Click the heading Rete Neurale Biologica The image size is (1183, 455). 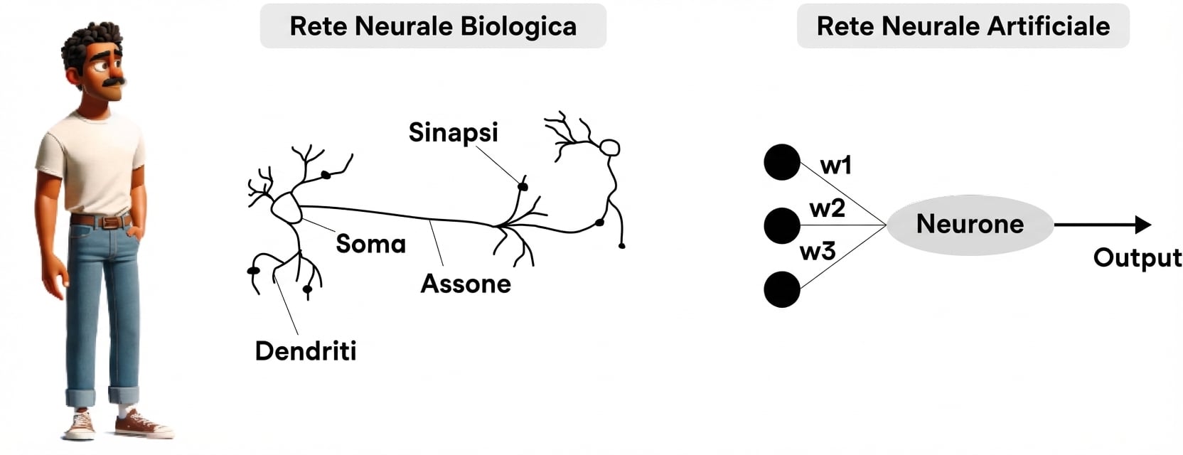(432, 26)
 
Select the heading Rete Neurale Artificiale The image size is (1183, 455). (963, 26)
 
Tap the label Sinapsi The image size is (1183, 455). (453, 132)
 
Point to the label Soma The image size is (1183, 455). (370, 244)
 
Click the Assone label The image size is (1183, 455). (466, 284)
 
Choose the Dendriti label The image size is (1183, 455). (306, 350)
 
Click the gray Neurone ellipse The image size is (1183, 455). (970, 225)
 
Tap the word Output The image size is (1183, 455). (1137, 257)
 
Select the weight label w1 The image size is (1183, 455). (835, 166)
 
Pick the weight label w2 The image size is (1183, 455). (827, 208)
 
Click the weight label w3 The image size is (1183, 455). (818, 251)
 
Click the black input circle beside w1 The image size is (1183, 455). (782, 162)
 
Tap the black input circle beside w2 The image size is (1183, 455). (782, 225)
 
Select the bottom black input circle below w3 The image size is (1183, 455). (782, 289)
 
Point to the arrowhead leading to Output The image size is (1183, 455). (1142, 225)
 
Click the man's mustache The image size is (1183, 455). (114, 82)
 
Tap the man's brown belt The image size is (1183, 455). (103, 222)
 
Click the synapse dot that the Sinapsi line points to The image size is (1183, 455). (523, 186)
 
